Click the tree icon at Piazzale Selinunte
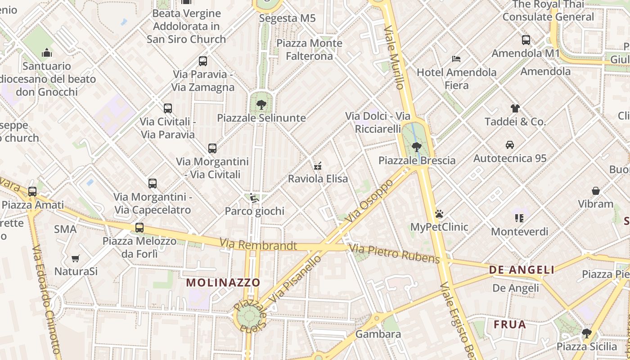coord(261,105)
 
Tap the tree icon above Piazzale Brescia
coord(417,147)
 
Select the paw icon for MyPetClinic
coord(439,214)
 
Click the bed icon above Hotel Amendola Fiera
coord(456,59)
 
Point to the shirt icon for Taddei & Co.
coord(515,108)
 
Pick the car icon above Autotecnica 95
coord(510,145)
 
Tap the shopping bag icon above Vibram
coord(596,191)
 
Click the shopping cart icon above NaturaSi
coord(76,258)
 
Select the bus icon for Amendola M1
coord(526,40)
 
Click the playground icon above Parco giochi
coord(254,198)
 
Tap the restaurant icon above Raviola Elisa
coord(318,166)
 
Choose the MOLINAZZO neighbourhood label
coord(223,283)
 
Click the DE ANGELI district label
coord(522,270)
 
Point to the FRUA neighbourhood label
coord(509,324)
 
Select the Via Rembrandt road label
coord(258,245)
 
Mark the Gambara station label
coord(378,334)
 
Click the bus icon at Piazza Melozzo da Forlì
coord(139,228)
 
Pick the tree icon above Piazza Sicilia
coord(586,333)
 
